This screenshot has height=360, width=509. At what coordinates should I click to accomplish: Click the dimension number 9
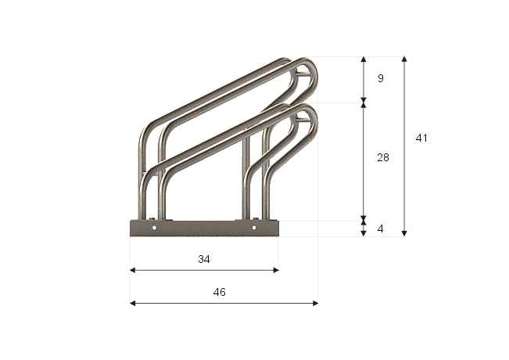[x=381, y=78]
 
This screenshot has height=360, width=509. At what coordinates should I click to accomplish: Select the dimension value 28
[x=383, y=157]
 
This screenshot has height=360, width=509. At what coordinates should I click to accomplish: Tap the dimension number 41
[x=421, y=138]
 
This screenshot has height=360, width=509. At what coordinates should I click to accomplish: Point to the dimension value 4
[x=381, y=229]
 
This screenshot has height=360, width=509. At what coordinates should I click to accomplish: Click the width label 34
[x=204, y=259]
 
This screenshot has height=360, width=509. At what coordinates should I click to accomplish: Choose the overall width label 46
[x=220, y=292]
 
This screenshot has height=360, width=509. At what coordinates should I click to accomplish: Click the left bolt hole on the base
[x=154, y=228]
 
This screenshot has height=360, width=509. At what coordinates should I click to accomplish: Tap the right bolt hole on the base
[x=254, y=228]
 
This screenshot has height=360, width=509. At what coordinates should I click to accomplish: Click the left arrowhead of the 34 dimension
[x=132, y=270]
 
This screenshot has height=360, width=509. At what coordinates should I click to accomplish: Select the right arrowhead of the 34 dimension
[x=276, y=270]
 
